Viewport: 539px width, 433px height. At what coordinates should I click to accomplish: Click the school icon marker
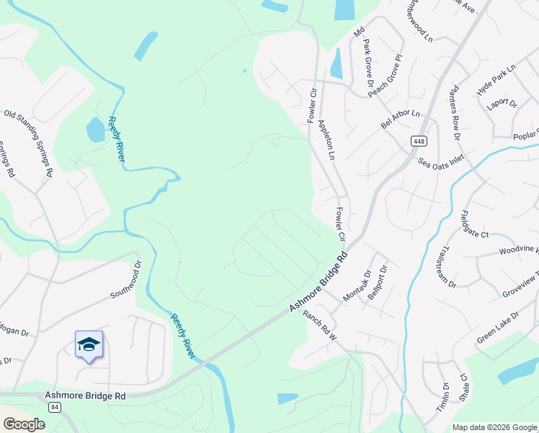click(x=89, y=345)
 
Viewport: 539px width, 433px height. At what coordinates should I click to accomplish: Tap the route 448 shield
click(x=419, y=141)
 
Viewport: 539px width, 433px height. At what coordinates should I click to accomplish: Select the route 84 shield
click(x=55, y=408)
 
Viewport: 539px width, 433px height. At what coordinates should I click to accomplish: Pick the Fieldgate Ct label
click(x=475, y=224)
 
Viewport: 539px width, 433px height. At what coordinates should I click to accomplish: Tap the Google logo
click(x=24, y=424)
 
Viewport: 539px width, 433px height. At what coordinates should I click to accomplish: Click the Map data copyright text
click(x=494, y=427)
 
